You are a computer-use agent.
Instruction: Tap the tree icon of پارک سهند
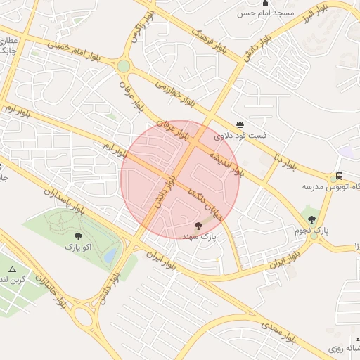(x=199, y=226)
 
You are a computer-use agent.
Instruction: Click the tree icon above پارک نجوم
(x=312, y=219)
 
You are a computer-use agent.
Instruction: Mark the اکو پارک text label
(x=77, y=247)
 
